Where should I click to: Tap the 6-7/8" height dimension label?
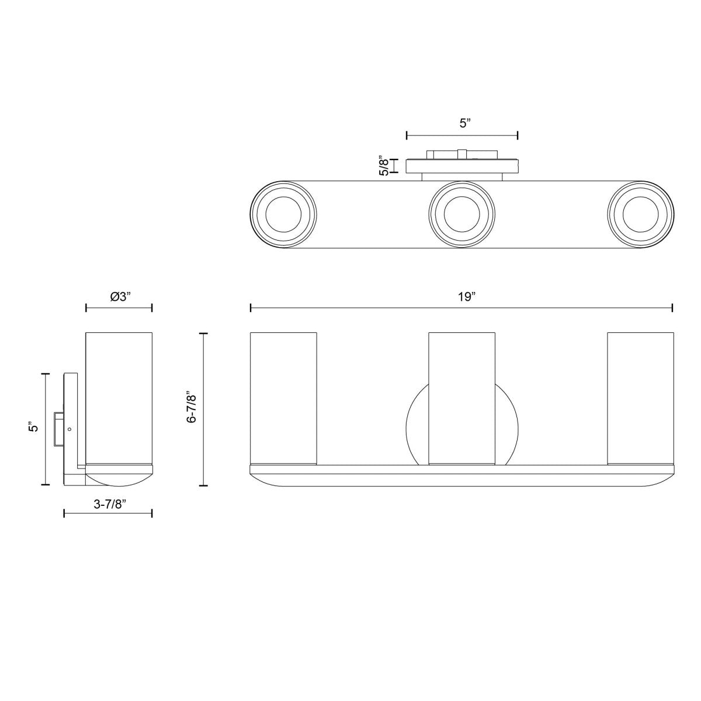pyautogui.click(x=192, y=407)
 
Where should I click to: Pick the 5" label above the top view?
pyautogui.click(x=465, y=123)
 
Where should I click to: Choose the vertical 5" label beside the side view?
pyautogui.click(x=34, y=426)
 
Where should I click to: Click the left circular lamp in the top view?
pyautogui.click(x=283, y=214)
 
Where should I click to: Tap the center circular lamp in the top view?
pyautogui.click(x=462, y=214)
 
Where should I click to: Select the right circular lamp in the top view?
pyautogui.click(x=641, y=214)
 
